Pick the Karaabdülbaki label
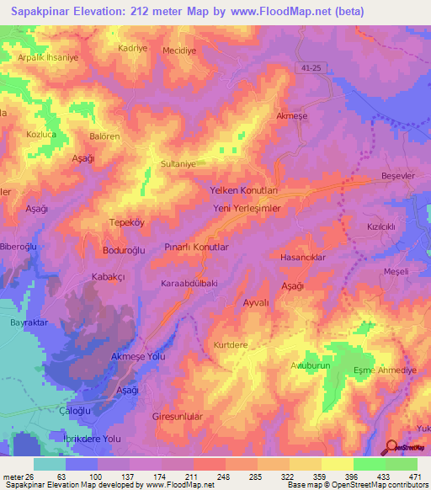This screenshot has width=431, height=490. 189,284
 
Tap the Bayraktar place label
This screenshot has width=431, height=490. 26,322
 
